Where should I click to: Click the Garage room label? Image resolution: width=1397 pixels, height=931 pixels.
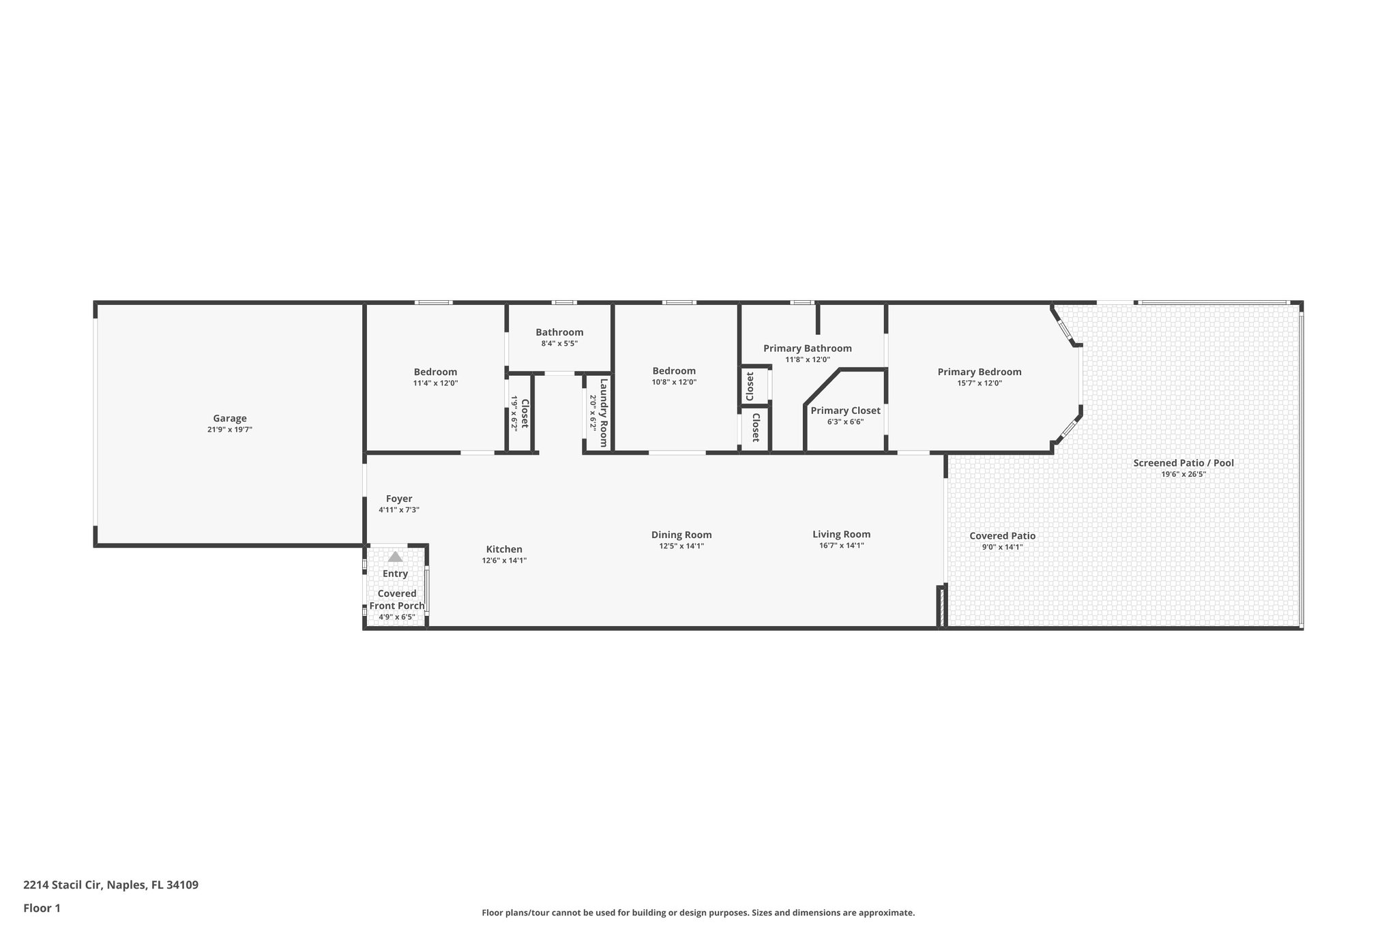click(x=229, y=419)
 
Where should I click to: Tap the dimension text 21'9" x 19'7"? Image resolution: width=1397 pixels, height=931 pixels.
click(x=229, y=430)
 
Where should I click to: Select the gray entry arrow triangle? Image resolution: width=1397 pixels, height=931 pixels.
click(x=395, y=557)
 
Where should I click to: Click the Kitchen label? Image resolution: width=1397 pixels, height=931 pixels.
click(x=504, y=550)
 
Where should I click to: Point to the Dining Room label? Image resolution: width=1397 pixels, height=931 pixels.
click(x=681, y=535)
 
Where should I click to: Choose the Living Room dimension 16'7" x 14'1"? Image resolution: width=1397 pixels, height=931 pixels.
click(x=841, y=546)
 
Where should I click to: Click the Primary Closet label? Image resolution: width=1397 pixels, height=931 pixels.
click(x=845, y=411)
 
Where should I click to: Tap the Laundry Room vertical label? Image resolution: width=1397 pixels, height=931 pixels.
click(x=604, y=413)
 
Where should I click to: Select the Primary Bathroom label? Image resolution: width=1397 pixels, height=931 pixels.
click(x=807, y=349)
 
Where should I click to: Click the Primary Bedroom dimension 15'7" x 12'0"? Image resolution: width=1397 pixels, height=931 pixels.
click(x=979, y=383)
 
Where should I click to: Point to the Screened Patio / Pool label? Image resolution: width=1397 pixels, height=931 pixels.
click(x=1183, y=463)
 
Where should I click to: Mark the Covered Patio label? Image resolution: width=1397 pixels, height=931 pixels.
click(x=1002, y=536)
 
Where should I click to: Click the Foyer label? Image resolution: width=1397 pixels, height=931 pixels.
click(x=398, y=499)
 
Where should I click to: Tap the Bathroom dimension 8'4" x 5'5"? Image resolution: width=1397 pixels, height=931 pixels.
click(x=559, y=344)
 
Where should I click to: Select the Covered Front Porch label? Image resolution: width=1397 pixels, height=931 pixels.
click(x=396, y=600)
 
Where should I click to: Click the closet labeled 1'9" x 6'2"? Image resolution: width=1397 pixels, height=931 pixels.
click(x=520, y=413)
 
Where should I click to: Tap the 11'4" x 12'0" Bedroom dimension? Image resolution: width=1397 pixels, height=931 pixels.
click(x=435, y=383)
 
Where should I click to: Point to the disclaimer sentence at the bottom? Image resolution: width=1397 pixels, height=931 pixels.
click(x=698, y=913)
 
